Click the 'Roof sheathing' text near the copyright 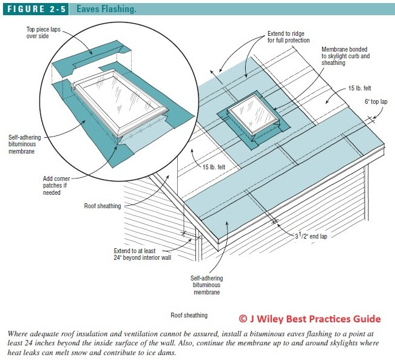[189, 316]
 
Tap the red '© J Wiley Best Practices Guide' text [309, 319]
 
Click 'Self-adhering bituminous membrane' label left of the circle [24, 144]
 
